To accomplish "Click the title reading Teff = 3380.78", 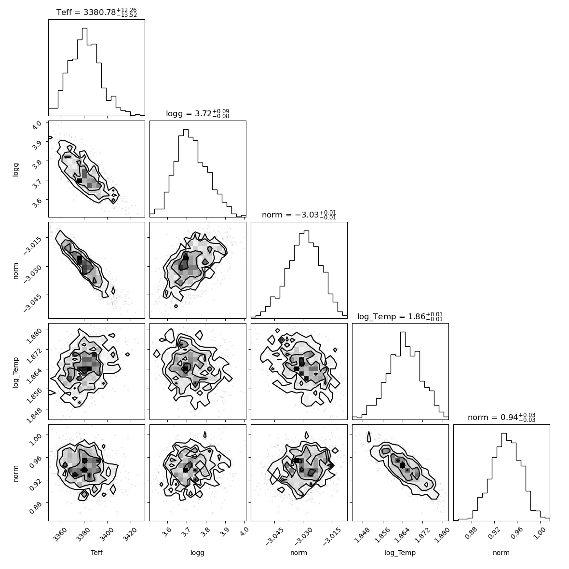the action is (96, 12).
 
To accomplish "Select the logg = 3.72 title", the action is (197, 114).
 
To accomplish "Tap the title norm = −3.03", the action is (298, 215).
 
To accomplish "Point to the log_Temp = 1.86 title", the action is (400, 316).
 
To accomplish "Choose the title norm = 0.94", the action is (501, 418).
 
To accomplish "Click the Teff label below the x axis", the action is (96, 553).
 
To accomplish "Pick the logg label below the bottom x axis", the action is (197, 553).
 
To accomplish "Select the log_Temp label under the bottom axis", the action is (400, 553).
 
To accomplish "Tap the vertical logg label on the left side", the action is (15, 169).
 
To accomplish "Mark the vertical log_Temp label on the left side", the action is (15, 372).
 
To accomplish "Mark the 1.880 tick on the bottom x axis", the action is (441, 535).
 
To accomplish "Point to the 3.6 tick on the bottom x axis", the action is (166, 532).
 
